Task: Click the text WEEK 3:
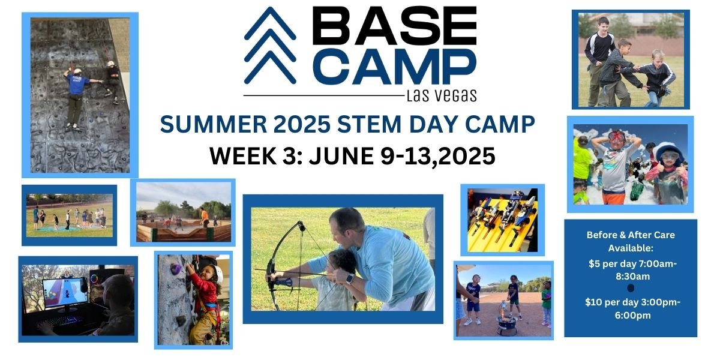tap(259, 156)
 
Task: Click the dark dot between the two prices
tap(631, 288)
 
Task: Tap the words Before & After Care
tap(631, 235)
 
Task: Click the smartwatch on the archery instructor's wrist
tap(350, 278)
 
